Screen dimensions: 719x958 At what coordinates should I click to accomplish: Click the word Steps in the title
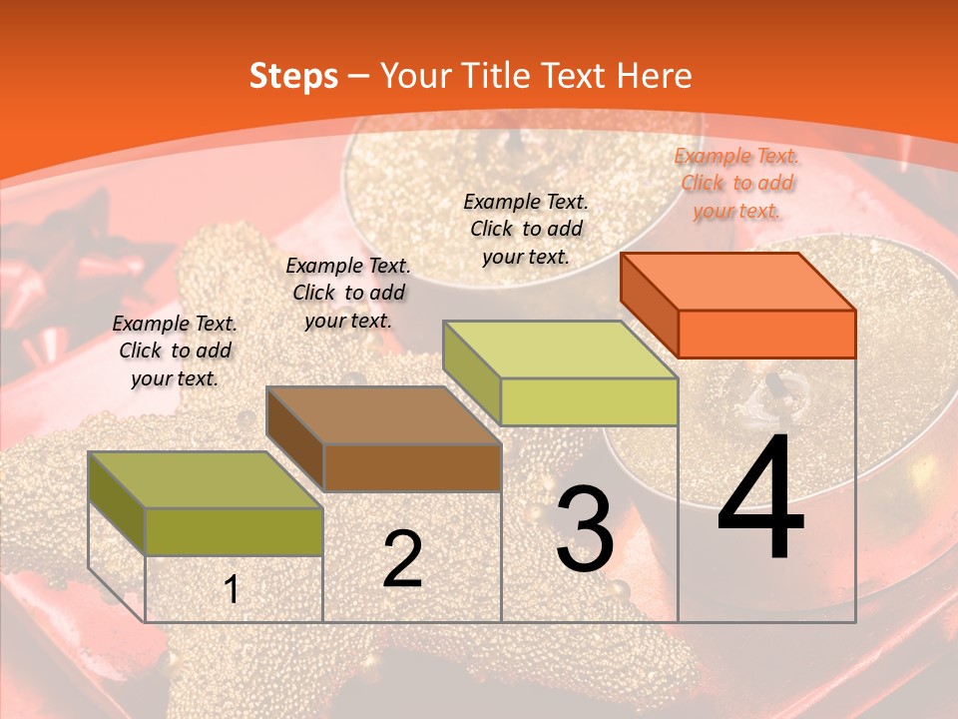tap(293, 76)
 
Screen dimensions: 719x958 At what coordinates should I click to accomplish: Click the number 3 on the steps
tap(585, 529)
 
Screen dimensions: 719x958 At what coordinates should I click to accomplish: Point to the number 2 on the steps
tap(402, 559)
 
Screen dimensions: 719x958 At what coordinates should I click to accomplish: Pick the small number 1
tap(232, 589)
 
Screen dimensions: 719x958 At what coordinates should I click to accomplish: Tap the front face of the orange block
tap(766, 334)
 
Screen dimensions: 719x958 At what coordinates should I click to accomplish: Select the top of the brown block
tap(383, 414)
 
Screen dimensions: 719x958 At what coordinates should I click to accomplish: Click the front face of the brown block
tap(412, 467)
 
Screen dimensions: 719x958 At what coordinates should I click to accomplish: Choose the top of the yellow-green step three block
tap(561, 349)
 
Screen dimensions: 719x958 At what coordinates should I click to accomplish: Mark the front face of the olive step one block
tap(235, 531)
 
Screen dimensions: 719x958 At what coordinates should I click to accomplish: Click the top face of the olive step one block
tap(206, 479)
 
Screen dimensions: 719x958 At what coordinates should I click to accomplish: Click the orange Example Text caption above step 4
tap(736, 183)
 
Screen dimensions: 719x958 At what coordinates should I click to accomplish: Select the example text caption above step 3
tap(526, 229)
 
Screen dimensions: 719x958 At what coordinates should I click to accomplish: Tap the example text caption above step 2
tap(348, 293)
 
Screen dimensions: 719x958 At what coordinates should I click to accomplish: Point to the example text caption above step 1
tap(175, 351)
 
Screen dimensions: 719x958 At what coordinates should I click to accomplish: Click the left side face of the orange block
tap(649, 304)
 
